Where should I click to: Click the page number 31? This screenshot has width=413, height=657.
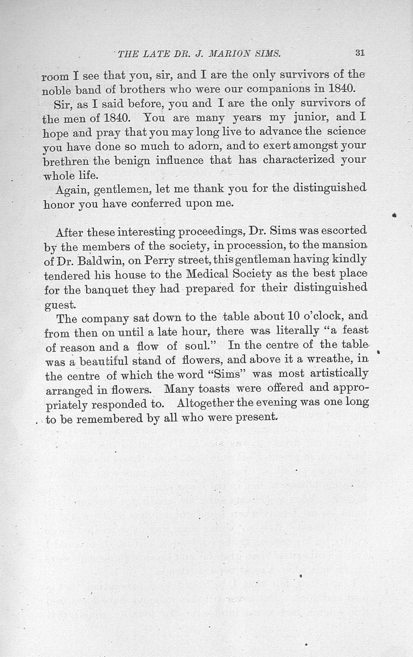point(360,52)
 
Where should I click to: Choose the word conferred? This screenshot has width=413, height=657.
point(157,204)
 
